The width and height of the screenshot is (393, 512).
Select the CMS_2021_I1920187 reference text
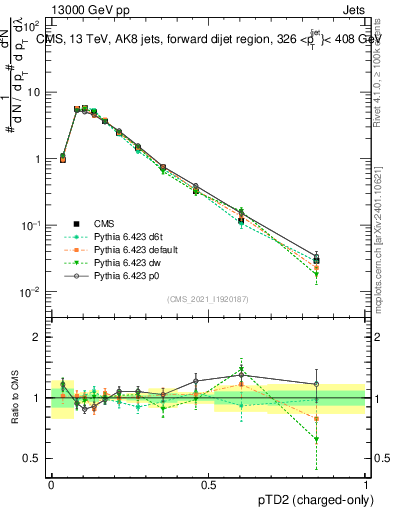207,299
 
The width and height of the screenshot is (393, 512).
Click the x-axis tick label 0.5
208,483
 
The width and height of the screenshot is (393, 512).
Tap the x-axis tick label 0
51,483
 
